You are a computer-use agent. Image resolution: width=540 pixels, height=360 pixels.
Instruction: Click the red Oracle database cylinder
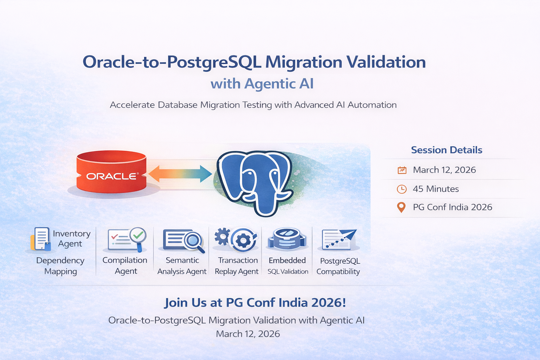point(111,172)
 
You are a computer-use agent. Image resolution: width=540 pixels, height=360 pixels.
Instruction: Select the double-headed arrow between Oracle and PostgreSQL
point(180,174)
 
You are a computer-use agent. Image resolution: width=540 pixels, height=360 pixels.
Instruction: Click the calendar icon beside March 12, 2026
point(402,170)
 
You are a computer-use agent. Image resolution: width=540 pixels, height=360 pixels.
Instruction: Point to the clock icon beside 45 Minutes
point(401,189)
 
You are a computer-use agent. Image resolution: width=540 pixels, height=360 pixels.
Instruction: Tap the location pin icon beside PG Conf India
point(401,207)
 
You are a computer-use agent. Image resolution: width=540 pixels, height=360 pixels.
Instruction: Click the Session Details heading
point(446,150)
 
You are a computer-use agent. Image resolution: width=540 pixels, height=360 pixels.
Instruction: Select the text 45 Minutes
point(436,189)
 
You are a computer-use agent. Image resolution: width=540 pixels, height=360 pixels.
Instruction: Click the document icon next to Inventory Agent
point(40,239)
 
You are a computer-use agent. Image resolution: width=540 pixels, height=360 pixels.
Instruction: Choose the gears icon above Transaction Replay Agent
point(236,239)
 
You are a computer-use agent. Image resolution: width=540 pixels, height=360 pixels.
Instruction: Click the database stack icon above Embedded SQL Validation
point(287,239)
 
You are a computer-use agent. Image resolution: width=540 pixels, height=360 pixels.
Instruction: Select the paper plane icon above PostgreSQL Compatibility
point(339,239)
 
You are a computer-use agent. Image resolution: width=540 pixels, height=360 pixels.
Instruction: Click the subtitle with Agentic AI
point(262,84)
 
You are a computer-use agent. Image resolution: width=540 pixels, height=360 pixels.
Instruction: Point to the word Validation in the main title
point(386,62)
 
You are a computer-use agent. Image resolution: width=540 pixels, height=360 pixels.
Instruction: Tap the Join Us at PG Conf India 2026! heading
point(255,303)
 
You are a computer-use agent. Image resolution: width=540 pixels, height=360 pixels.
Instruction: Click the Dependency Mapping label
point(60,266)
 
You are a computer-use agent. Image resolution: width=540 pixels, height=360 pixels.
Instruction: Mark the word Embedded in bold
point(287,261)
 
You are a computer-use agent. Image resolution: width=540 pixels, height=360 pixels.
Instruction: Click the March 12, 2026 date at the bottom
point(248,334)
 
